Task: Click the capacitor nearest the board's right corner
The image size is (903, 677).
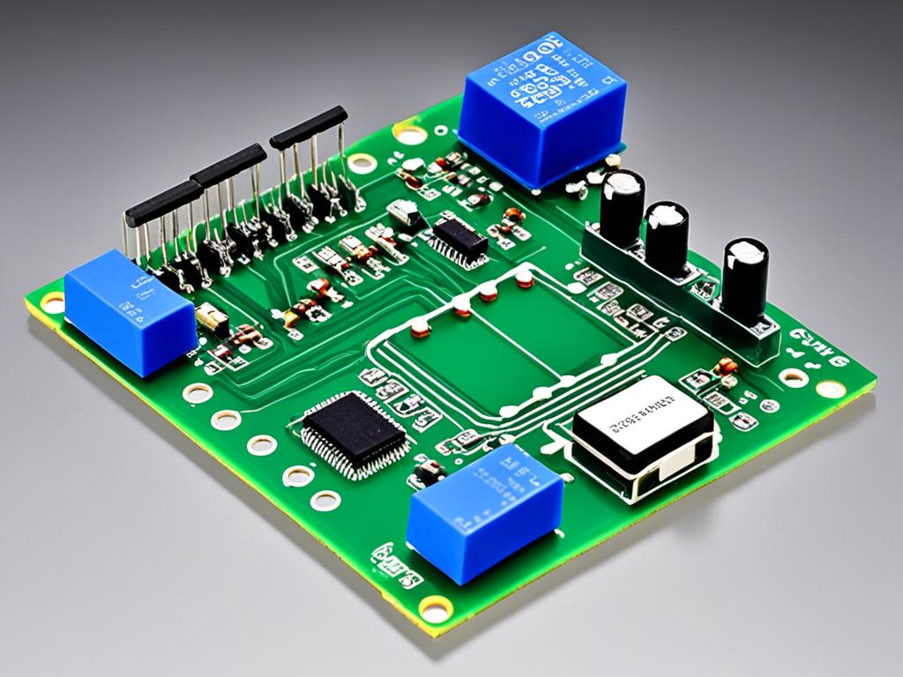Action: (x=743, y=279)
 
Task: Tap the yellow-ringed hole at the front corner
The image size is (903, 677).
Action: (x=434, y=607)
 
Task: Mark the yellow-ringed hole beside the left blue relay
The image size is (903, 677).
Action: (x=51, y=302)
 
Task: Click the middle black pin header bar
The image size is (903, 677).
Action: (x=228, y=165)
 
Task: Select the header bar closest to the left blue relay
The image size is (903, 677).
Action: (x=163, y=203)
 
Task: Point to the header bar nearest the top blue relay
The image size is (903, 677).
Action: (x=308, y=126)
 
